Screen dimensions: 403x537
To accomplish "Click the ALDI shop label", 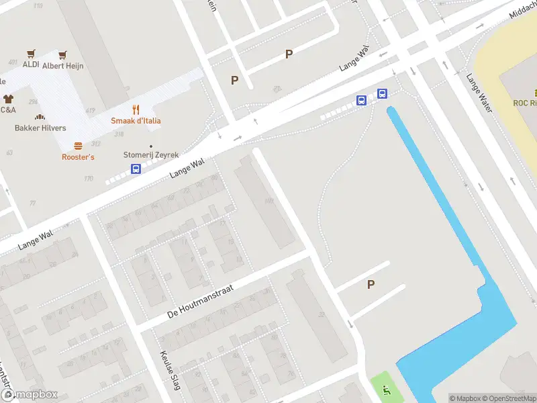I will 31,64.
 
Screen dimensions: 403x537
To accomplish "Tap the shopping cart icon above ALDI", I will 31,54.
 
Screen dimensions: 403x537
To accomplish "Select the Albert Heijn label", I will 62,66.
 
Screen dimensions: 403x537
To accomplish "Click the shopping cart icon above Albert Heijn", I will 62,54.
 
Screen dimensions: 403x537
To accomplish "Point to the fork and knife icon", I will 136,109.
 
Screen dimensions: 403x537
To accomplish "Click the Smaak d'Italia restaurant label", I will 136,121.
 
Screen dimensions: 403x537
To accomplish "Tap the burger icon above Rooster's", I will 78,146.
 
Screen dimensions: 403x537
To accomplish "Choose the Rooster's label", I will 78,157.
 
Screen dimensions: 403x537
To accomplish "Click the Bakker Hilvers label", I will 40,128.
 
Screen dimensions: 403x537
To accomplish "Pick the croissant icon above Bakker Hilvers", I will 40,117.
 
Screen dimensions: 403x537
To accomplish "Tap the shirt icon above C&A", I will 7,98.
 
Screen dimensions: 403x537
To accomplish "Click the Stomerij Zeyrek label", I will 151,154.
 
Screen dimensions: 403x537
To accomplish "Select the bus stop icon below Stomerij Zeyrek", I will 136,169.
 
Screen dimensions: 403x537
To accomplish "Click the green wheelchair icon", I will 385,389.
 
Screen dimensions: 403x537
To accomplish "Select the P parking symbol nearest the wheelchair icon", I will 371,285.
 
